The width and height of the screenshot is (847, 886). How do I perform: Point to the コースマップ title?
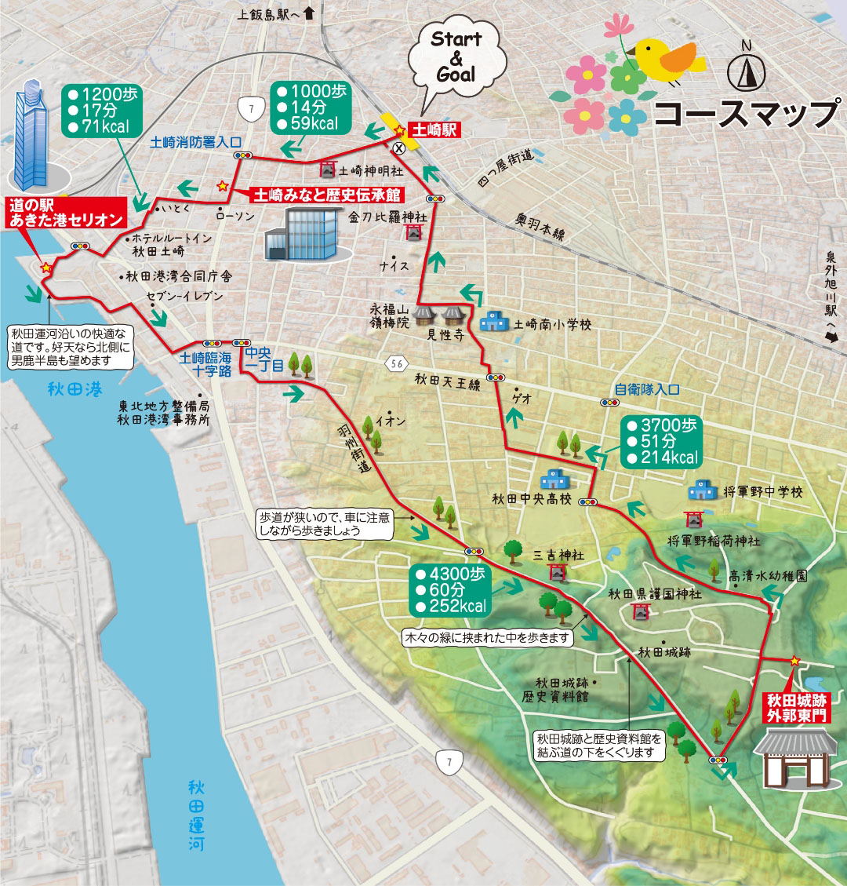(745, 115)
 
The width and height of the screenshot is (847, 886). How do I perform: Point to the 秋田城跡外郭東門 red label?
(798, 707)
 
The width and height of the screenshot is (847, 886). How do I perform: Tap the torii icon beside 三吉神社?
(558, 572)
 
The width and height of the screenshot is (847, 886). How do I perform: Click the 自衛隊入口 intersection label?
(646, 388)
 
